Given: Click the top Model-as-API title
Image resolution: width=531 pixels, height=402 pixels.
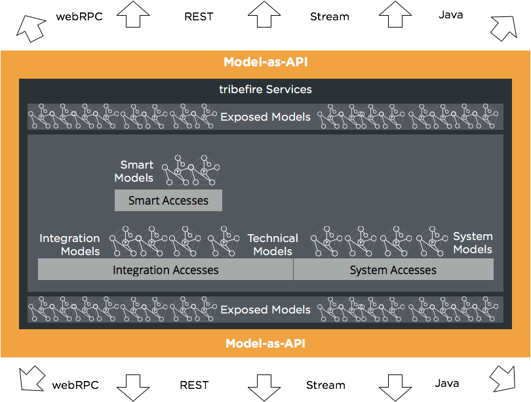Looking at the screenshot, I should tap(265, 63).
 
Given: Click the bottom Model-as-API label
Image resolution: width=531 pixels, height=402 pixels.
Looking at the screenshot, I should tap(265, 344).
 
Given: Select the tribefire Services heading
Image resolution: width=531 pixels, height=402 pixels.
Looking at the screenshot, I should tap(265, 89).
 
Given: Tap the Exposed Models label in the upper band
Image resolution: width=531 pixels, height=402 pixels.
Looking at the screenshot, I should tap(265, 117).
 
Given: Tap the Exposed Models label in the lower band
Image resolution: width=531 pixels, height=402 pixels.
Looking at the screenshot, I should tap(265, 310).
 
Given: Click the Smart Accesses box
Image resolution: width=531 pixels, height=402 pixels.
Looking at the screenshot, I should tap(168, 201).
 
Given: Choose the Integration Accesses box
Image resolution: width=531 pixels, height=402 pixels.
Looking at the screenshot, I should tap(165, 270).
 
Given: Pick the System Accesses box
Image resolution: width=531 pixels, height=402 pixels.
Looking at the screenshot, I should tap(393, 270).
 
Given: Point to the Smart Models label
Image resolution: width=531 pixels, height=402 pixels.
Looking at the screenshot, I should tap(134, 171).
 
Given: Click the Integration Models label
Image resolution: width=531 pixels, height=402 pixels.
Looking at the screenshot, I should tap(70, 245).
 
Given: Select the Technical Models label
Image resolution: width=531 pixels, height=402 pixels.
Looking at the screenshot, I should tap(273, 245).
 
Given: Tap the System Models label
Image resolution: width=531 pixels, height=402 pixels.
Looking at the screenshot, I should tap(473, 243).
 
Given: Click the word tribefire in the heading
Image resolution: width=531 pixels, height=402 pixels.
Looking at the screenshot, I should tap(240, 89).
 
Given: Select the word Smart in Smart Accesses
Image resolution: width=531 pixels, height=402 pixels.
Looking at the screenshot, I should tap(144, 201).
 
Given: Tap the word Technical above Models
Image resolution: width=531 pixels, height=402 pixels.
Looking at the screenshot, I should tap(273, 238).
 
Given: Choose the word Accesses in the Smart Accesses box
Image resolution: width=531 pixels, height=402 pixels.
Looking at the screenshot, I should tap(185, 201).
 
